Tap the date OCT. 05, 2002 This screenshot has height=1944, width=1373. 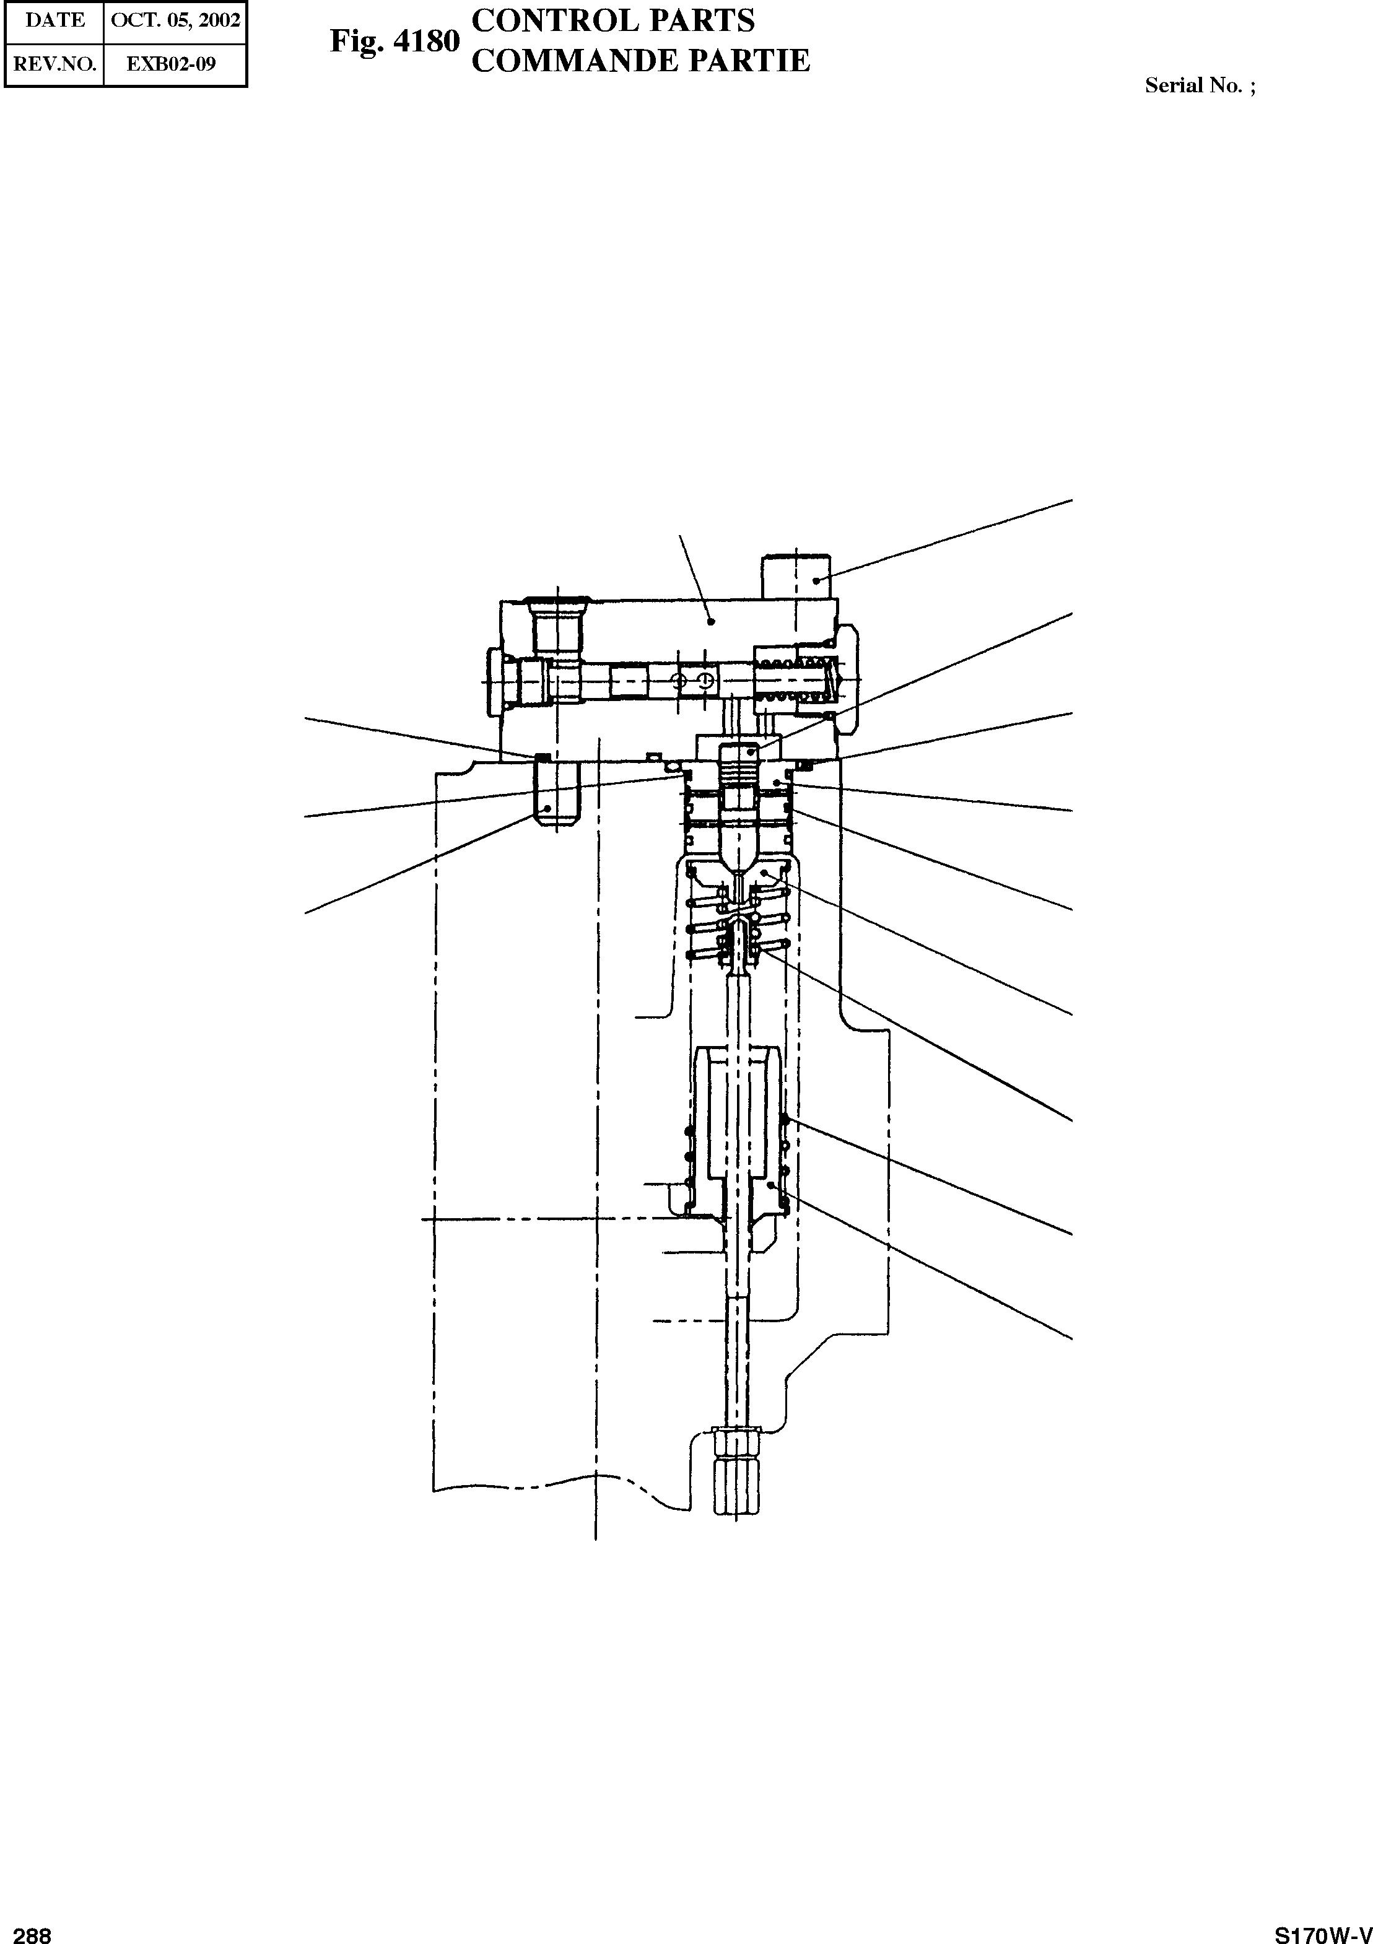(x=175, y=20)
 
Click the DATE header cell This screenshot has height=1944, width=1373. (x=54, y=20)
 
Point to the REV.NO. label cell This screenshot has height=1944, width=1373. (x=54, y=64)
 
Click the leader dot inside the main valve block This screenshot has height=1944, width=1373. (x=711, y=621)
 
